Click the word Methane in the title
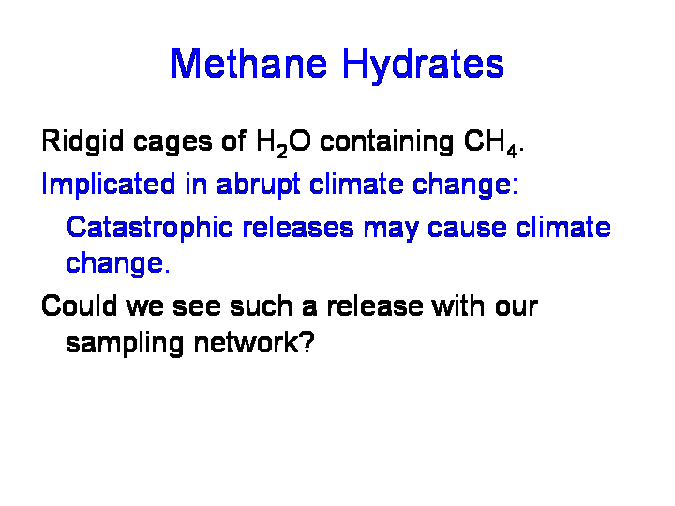tap(248, 64)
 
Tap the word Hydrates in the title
tap(423, 66)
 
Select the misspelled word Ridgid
tap(82, 141)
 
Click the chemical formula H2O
tap(283, 143)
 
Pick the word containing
tap(386, 142)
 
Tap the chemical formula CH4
tap(490, 143)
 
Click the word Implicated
tap(109, 185)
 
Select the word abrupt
tap(259, 186)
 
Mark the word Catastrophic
tap(150, 227)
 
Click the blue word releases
tap(298, 227)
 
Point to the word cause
tap(467, 229)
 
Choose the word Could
tap(79, 305)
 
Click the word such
tap(261, 305)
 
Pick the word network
tap(247, 343)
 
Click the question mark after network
tap(307, 343)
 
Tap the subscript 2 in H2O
tap(282, 152)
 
